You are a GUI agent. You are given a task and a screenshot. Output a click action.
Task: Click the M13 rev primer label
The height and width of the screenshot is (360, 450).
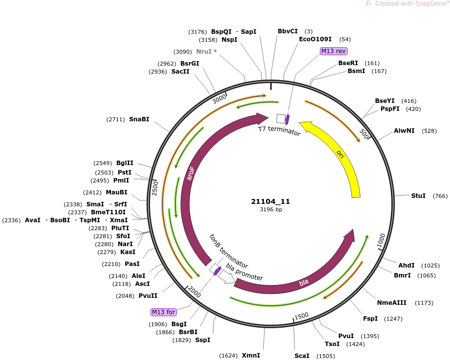pyautogui.click(x=333, y=51)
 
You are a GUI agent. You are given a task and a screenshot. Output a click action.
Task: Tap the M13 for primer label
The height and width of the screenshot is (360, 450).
pyautogui.click(x=163, y=312)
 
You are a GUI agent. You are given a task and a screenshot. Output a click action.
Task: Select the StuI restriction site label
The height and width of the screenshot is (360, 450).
pyautogui.click(x=418, y=195)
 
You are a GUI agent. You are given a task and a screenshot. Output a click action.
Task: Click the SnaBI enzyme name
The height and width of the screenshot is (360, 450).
pyautogui.click(x=139, y=119)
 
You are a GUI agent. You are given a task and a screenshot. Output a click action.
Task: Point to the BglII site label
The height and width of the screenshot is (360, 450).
pyautogui.click(x=125, y=163)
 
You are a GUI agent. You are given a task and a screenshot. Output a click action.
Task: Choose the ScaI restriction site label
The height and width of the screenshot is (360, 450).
pyautogui.click(x=302, y=356)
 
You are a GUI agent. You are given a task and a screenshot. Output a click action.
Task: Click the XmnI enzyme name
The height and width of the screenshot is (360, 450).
pyautogui.click(x=251, y=356)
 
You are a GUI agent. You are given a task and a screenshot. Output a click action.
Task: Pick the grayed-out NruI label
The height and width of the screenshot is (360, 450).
pyautogui.click(x=206, y=51)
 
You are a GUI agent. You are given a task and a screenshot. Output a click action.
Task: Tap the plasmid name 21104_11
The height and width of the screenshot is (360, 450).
pyautogui.click(x=271, y=201)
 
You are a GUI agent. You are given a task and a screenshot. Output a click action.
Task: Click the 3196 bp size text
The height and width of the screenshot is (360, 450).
pyautogui.click(x=271, y=209)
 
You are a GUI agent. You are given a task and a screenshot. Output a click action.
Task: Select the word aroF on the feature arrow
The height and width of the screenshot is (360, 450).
pyautogui.click(x=190, y=174)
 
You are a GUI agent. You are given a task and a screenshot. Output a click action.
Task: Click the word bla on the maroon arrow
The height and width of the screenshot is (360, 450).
pyautogui.click(x=303, y=283)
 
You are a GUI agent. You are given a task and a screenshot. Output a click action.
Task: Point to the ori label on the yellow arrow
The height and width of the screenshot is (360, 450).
pyautogui.click(x=340, y=154)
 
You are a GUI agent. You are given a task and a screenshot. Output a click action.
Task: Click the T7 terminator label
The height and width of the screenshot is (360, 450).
pyautogui.click(x=279, y=131)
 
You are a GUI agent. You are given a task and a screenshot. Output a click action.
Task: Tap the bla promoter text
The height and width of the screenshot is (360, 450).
pyautogui.click(x=244, y=272)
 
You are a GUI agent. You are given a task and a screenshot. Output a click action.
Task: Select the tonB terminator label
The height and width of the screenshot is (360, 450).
pyautogui.click(x=229, y=251)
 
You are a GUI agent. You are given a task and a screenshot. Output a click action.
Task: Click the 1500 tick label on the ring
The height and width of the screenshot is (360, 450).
pyautogui.click(x=301, y=316)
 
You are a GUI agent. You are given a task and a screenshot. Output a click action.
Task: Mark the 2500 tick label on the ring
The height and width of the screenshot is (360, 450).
pyautogui.click(x=154, y=188)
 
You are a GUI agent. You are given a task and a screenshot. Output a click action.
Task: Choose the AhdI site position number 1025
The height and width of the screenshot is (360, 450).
pyautogui.click(x=431, y=266)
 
